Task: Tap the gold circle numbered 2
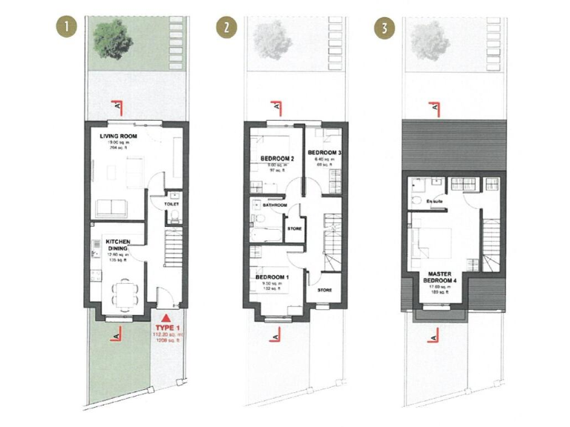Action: click(x=224, y=29)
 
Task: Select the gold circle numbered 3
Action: click(x=384, y=29)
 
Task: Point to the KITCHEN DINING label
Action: click(x=119, y=246)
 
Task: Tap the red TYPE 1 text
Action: click(x=167, y=327)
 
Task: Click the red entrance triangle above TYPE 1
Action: click(x=166, y=317)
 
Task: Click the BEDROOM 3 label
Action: click(x=327, y=153)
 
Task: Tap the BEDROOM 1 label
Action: click(x=273, y=277)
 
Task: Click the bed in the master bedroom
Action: click(x=435, y=240)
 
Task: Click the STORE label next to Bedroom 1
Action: click(x=324, y=290)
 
